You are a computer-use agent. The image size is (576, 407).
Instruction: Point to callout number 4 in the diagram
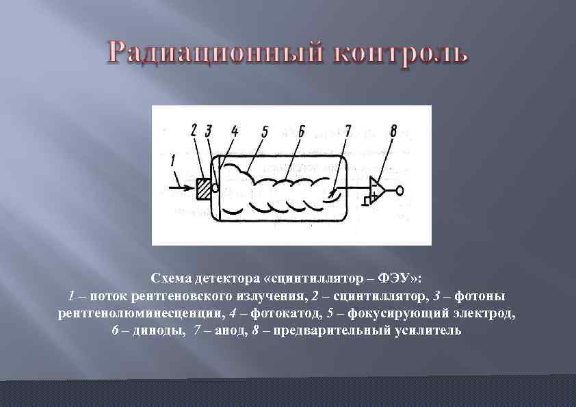(x=234, y=131)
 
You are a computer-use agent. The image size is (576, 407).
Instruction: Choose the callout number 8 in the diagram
(x=393, y=130)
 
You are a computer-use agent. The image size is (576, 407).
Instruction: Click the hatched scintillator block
(x=205, y=188)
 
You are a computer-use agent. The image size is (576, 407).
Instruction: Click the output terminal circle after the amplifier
(x=400, y=189)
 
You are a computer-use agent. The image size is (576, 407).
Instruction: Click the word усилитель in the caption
(x=427, y=331)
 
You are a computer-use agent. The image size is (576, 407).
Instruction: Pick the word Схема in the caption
(x=171, y=279)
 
